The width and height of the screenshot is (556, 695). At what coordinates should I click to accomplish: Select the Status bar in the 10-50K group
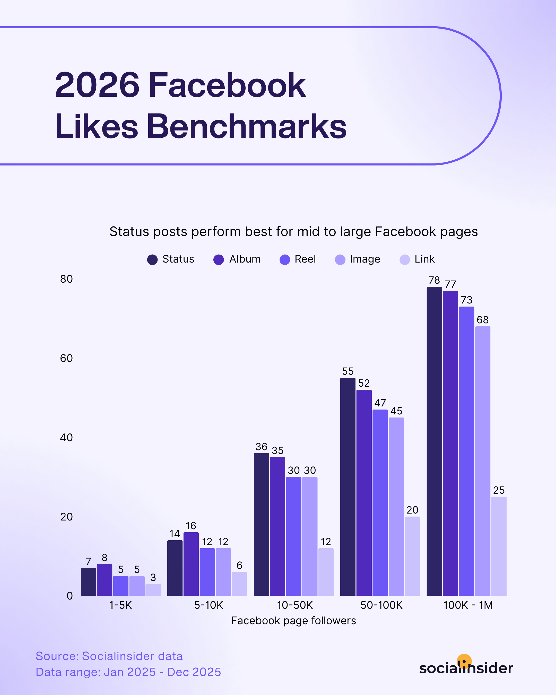[x=262, y=525]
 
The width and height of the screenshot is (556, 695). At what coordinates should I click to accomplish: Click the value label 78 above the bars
[x=434, y=280]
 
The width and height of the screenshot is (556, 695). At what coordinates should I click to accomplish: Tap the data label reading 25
[x=499, y=490]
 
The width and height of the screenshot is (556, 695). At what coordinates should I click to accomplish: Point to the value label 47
[x=380, y=403]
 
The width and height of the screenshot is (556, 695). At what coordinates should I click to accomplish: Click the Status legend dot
[x=152, y=259]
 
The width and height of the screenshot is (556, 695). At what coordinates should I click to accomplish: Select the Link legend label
[x=424, y=259]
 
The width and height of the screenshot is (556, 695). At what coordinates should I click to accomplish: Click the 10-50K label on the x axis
[x=295, y=605]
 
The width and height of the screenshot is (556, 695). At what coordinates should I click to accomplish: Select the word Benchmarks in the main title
[x=247, y=126]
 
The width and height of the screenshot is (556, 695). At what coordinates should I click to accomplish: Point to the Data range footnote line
[x=128, y=672]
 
